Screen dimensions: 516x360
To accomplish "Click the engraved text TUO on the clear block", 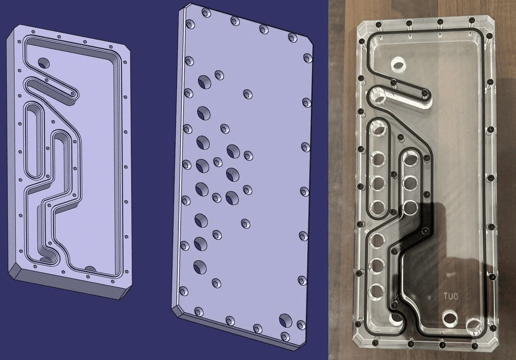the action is click(450, 296).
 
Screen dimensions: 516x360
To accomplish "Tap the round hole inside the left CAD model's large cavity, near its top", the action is click(44, 63).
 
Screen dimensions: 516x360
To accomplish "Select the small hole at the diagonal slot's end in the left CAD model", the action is click(73, 95).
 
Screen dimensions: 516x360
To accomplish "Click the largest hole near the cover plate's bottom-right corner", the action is click(285, 319).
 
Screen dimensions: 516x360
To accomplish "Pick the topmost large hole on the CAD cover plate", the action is click(205, 82).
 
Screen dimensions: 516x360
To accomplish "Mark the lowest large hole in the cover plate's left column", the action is click(200, 267).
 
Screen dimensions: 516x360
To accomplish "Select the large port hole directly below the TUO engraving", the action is click(450, 318).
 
